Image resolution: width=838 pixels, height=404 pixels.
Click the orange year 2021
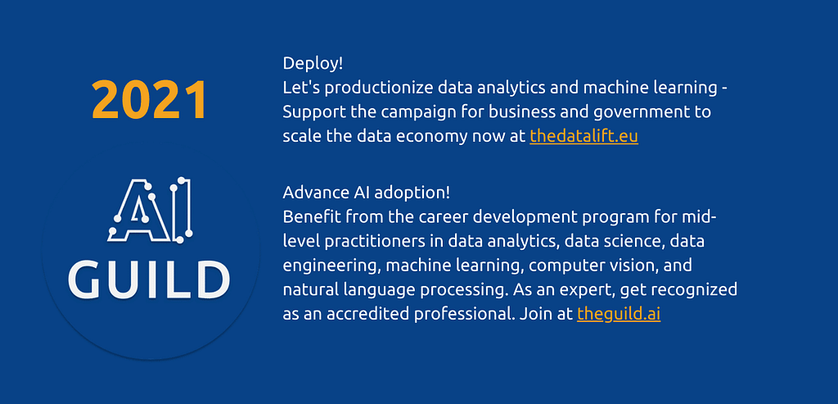pos(149,99)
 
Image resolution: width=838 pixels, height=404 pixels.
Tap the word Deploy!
pos(313,64)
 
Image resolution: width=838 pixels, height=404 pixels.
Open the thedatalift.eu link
pos(583,137)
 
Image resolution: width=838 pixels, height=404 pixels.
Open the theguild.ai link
pos(619,314)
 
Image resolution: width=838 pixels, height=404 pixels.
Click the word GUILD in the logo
pos(149,279)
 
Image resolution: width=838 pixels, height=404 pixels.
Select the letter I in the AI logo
pos(182,209)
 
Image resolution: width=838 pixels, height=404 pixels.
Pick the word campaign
pos(420,113)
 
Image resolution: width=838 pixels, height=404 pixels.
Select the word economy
pos(431,138)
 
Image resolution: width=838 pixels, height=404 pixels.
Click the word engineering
pos(331,266)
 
